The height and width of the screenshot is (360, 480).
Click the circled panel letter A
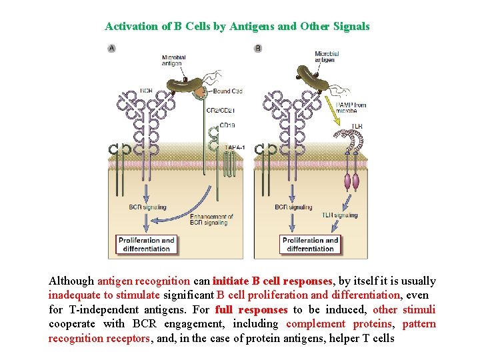tap(111, 48)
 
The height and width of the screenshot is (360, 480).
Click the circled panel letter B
tap(258, 48)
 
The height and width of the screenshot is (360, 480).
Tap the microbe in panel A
tap(184, 84)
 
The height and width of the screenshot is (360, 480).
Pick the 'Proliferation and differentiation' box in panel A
tap(147, 245)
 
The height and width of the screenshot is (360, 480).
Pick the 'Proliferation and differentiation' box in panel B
tap(310, 245)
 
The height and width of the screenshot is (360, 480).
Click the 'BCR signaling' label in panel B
tap(293, 207)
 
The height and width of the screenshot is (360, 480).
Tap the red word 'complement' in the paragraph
tap(315, 324)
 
